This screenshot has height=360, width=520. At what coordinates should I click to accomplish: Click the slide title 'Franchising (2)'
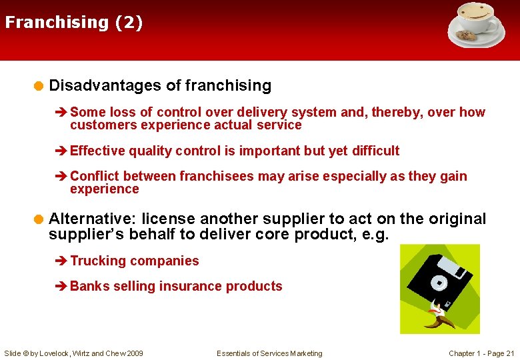[x=73, y=22]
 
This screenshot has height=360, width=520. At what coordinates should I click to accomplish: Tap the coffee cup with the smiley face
[x=477, y=17]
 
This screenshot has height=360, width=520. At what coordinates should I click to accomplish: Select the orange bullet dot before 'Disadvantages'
[x=39, y=85]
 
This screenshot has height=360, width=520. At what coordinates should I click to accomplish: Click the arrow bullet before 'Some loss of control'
[x=63, y=113]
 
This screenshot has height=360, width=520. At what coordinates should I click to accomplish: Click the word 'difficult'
[x=375, y=151]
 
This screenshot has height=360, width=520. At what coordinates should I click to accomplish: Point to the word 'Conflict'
[x=95, y=176]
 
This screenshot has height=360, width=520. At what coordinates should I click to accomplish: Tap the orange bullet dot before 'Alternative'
[x=39, y=219]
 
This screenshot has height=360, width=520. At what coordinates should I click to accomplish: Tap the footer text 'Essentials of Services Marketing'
[x=269, y=353]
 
